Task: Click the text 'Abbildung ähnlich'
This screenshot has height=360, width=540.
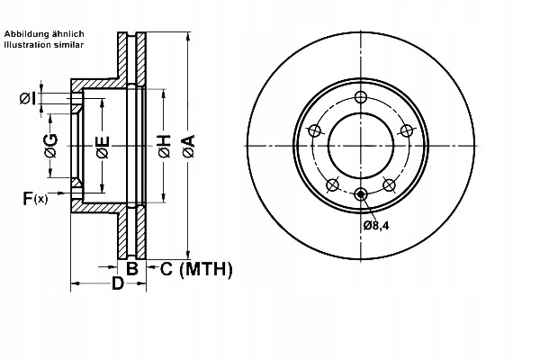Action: pos(44,33)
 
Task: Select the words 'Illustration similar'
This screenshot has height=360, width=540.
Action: pos(44,43)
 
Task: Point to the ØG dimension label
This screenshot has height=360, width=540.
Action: pos(50,145)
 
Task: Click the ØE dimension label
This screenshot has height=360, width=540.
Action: pos(103,145)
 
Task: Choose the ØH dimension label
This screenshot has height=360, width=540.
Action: pos(164,145)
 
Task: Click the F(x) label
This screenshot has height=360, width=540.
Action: pos(34,198)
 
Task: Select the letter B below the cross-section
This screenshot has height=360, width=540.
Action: pos(131,268)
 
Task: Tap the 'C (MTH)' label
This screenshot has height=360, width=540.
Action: pos(195,268)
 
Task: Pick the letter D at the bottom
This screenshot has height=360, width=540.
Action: pos(117,285)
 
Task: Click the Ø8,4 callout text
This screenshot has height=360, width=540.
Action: pos(375,225)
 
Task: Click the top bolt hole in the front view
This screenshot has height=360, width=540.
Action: pos(360,98)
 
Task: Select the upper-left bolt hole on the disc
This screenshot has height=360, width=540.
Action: pos(314,131)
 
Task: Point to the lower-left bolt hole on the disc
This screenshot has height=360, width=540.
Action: pos(331,185)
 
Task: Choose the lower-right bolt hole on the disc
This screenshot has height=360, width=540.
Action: pos(389,185)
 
